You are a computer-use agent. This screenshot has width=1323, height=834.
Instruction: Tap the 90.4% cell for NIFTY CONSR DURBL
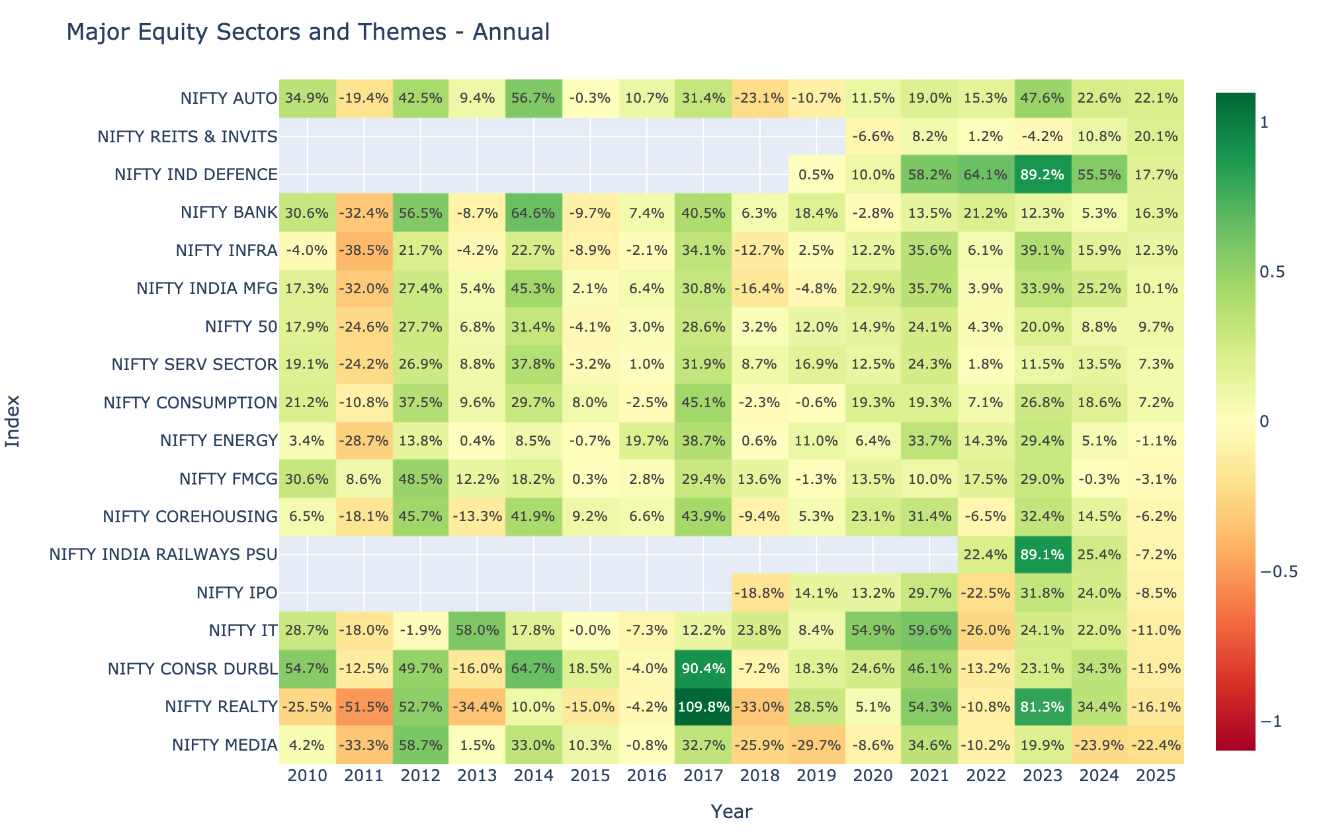pos(703,669)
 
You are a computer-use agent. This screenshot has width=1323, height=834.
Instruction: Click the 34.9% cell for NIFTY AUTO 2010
pos(307,99)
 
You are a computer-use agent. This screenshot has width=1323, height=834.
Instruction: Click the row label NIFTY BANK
pos(229,213)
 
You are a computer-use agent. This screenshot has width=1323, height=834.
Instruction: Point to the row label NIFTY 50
pos(241,327)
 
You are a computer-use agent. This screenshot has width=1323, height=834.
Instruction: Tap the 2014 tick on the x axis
pos(533,776)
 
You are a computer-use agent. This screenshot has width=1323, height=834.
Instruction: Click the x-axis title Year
pos(731,811)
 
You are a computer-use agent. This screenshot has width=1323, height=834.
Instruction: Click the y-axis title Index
pos(13,422)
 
